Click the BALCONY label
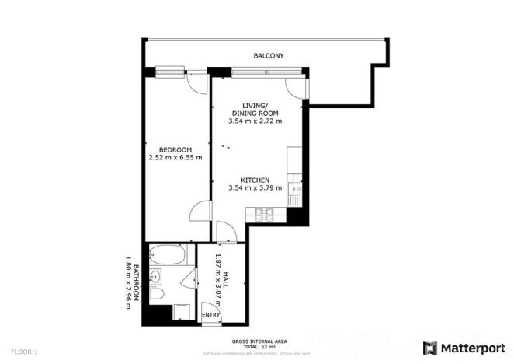tap(269, 56)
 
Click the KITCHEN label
tap(255, 179)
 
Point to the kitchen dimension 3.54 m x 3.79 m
tap(255, 188)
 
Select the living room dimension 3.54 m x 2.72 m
tap(255, 121)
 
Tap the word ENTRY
tap(210, 314)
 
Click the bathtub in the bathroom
tap(167, 254)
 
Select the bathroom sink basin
tap(156, 278)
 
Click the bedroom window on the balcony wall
tap(169, 72)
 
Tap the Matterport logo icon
tap(429, 348)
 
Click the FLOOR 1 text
tap(26, 352)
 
